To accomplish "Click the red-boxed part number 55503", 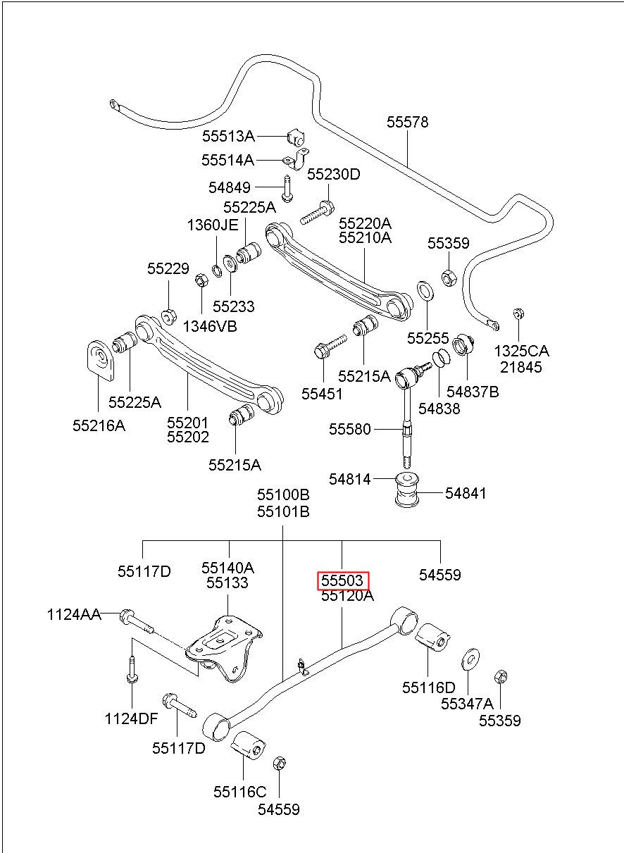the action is (343, 580).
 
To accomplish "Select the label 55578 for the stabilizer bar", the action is (407, 122).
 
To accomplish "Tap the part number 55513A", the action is (228, 136).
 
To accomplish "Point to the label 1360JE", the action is (213, 225).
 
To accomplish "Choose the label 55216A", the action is (99, 425).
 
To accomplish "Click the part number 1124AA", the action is (74, 615).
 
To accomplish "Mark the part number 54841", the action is (466, 494).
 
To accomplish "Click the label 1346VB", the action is (210, 326).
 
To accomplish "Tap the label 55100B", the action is (283, 495).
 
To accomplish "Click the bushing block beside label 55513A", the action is (296, 137).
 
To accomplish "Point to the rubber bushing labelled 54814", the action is (407, 490).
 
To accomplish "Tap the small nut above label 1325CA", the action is (518, 313).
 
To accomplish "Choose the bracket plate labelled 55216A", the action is (100, 360).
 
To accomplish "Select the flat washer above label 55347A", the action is (470, 660).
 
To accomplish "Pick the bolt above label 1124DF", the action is (132, 669).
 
